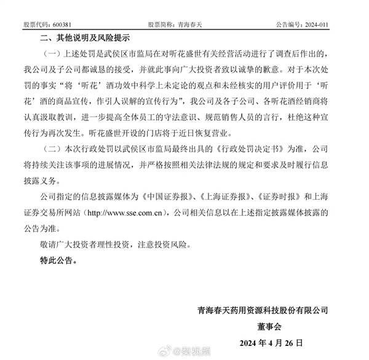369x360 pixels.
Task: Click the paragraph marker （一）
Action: click(x=53, y=54)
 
